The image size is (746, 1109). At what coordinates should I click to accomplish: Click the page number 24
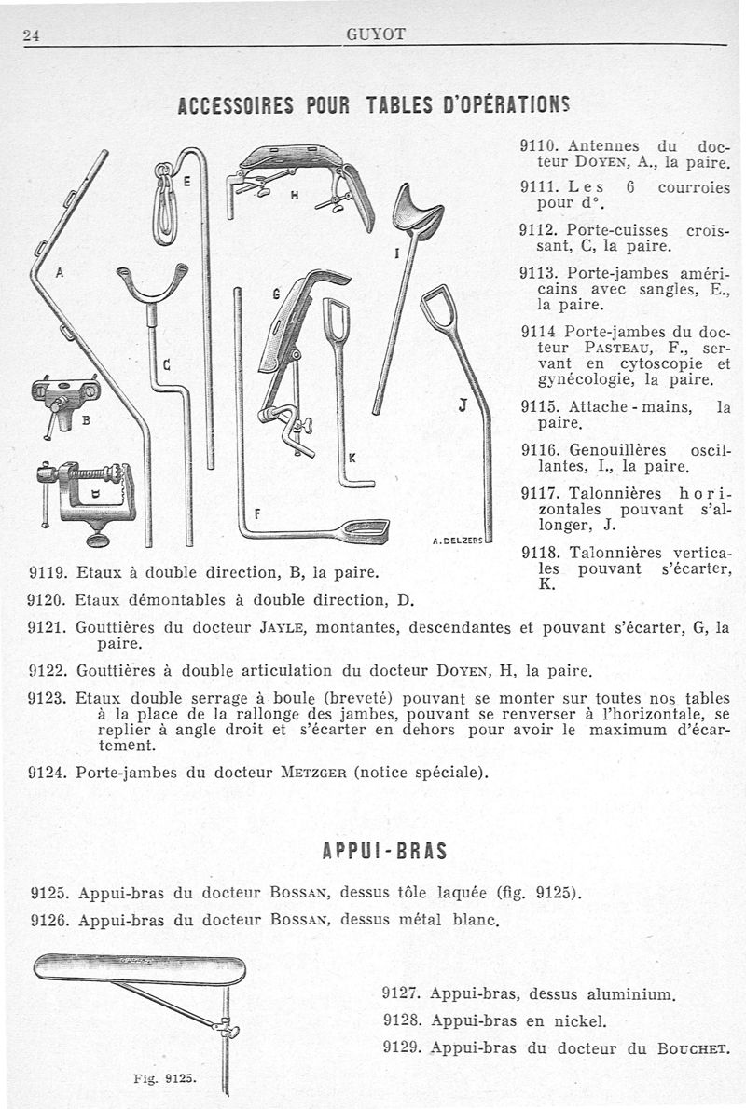tap(31, 35)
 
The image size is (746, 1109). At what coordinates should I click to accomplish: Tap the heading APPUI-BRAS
tap(384, 850)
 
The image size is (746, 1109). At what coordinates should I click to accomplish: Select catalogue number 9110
tap(541, 146)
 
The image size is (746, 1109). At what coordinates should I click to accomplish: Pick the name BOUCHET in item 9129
tap(694, 1048)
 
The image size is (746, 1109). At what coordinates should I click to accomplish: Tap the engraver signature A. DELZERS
tap(457, 541)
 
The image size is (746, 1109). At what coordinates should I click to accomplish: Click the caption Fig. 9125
tap(163, 1078)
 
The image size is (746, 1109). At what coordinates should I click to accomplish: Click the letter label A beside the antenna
tap(60, 271)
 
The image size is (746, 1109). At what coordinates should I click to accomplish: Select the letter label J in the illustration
tap(463, 406)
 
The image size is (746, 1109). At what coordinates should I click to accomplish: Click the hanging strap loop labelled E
tap(164, 204)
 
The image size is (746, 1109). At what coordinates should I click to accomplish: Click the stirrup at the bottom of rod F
tap(365, 530)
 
